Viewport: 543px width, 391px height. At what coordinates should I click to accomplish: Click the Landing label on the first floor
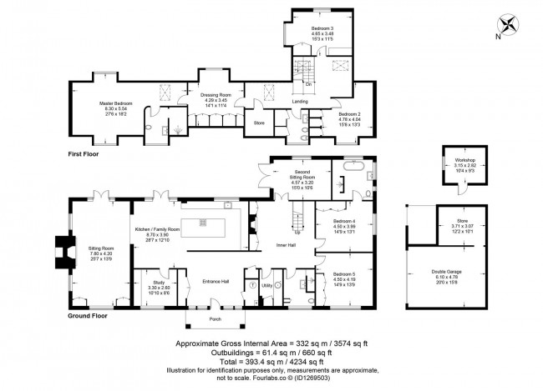point(300,102)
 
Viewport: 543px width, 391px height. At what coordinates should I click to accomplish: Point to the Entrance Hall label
point(216,281)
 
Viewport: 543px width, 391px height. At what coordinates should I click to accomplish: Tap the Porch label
point(215,318)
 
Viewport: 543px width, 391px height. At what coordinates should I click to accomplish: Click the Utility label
point(269,284)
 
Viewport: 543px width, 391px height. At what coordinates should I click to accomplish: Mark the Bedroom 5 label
point(343,273)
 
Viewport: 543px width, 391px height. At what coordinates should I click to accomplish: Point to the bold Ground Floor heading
point(89,316)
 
